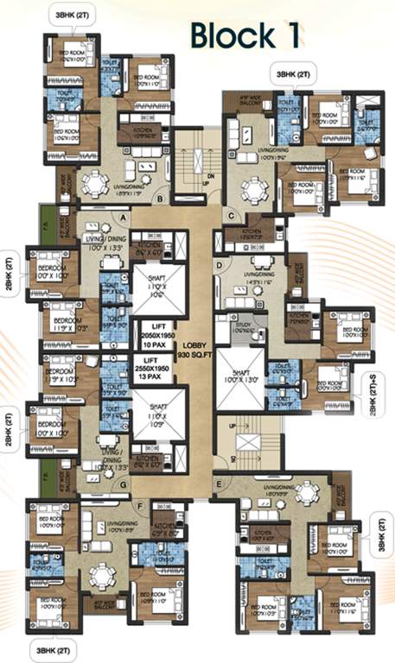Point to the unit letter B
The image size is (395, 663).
pyautogui.click(x=160, y=199)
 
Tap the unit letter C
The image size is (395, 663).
pyautogui.click(x=231, y=215)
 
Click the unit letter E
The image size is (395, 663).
pyautogui.click(x=219, y=484)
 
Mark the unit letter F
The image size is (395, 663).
pyautogui.click(x=140, y=507)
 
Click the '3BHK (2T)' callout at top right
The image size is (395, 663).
pyautogui.click(x=294, y=75)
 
